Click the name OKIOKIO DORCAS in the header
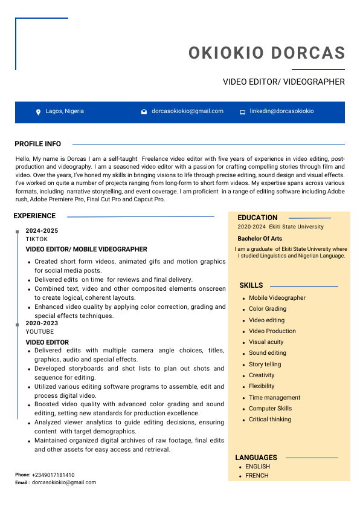[x=266, y=53]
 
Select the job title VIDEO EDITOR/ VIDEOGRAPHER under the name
[x=283, y=82]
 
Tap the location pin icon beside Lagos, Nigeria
[x=39, y=112]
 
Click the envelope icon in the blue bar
[x=144, y=112]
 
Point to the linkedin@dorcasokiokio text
[x=281, y=111]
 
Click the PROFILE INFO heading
[x=37, y=144]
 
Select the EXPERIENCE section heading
[x=34, y=216]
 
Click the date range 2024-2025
[x=42, y=231]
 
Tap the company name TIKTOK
[x=36, y=239]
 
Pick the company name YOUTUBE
[x=39, y=332]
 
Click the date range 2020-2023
[x=42, y=323]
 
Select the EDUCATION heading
[x=257, y=218]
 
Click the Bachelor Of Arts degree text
[x=260, y=239]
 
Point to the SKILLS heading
[x=251, y=285]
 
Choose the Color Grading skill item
[x=268, y=309]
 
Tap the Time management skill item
[x=274, y=398]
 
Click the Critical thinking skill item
[x=270, y=420]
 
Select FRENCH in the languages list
[x=257, y=476]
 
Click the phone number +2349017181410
[x=53, y=475]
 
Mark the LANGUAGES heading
[x=256, y=458]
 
